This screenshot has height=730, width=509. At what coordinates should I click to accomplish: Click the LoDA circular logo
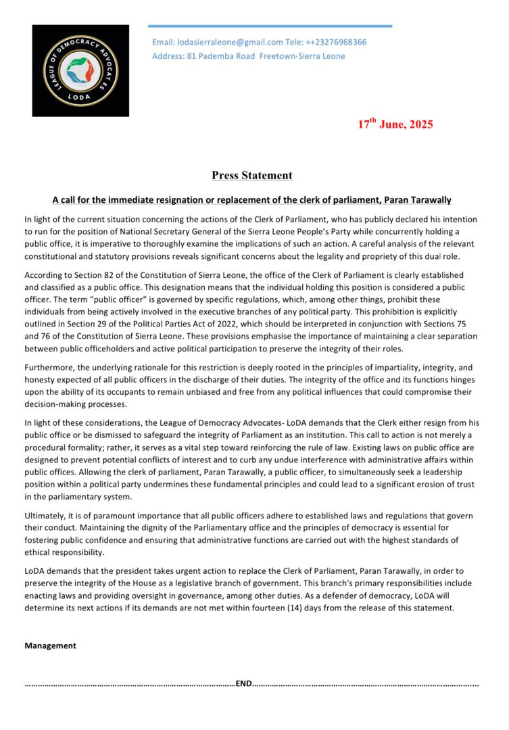80,70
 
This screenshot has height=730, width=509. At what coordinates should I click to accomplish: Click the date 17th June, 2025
395,124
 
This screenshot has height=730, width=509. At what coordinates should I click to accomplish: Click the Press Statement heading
252,176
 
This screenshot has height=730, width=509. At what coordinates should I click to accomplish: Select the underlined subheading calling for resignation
252,200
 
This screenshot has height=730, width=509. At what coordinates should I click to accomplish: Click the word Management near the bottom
50,646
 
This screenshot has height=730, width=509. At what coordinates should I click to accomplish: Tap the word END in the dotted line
243,683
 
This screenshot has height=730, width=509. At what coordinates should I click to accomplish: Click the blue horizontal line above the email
270,26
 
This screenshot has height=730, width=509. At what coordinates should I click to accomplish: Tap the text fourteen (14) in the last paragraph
310,608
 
